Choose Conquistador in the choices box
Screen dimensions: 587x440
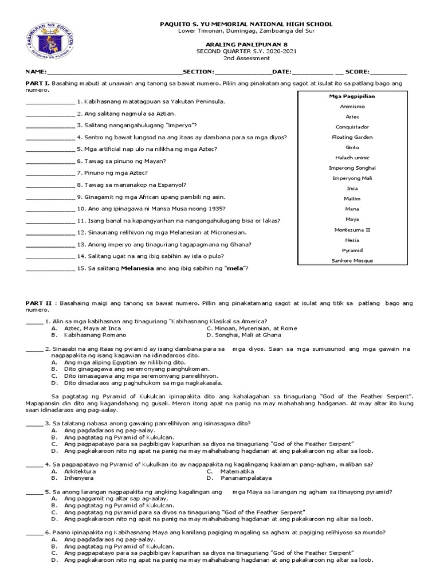point(352,127)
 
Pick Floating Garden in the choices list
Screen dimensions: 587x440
point(352,137)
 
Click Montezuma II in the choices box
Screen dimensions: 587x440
point(352,229)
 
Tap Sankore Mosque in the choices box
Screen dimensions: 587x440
point(352,260)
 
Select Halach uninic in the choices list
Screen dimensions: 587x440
point(352,158)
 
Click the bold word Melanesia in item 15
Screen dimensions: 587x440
point(137,268)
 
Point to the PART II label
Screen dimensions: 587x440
point(39,303)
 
